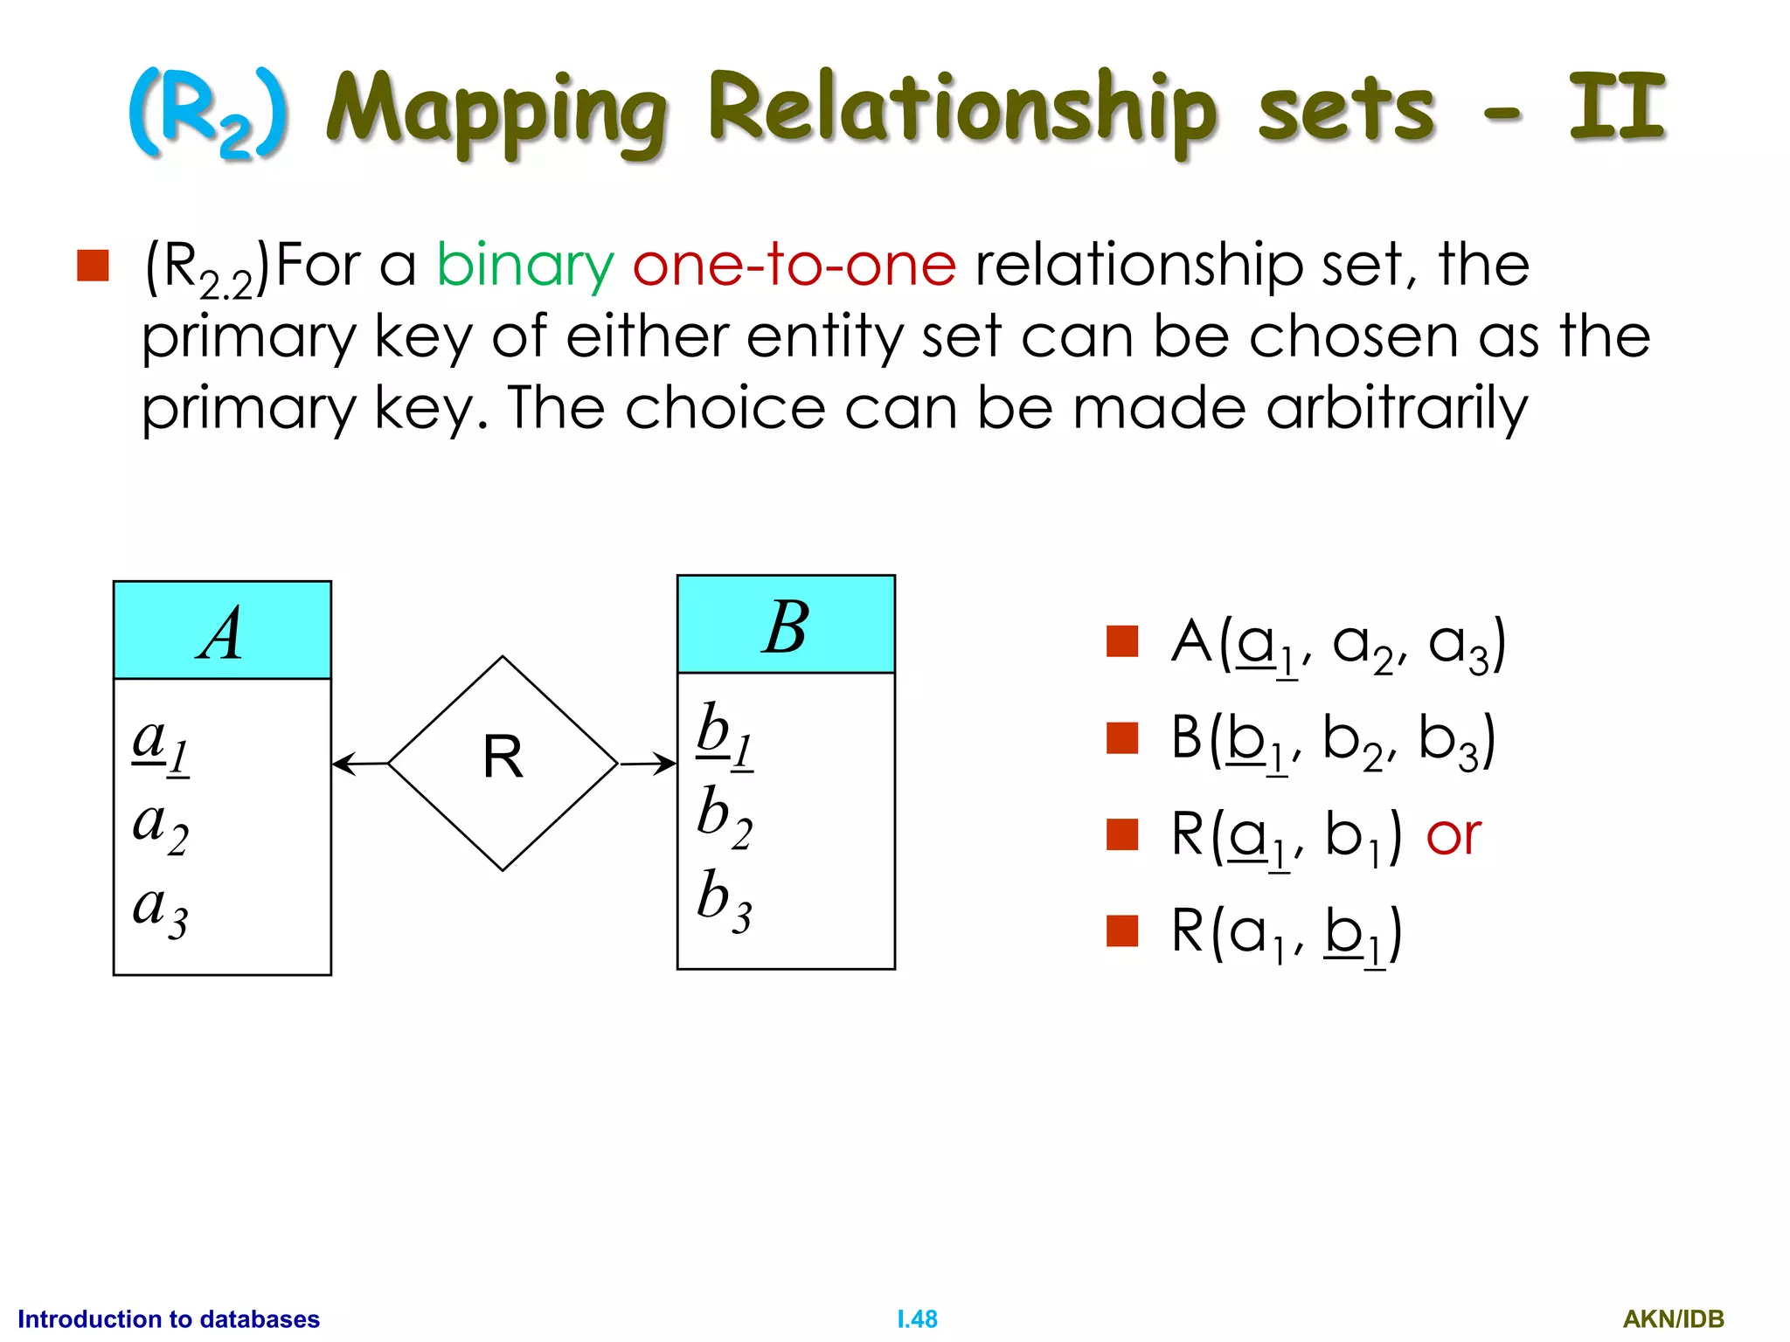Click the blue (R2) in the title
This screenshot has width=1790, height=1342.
pos(208,114)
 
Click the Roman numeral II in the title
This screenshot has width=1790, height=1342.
pos(1617,108)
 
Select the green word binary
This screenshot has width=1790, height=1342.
pos(525,265)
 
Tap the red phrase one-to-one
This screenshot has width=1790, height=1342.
pos(794,265)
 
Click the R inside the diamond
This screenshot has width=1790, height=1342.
pos(503,757)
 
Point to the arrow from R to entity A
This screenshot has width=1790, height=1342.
pos(359,764)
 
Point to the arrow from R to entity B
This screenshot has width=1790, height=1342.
pos(648,764)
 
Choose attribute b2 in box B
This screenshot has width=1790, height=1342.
pos(725,817)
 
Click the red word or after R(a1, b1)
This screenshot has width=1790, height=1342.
pos(1453,835)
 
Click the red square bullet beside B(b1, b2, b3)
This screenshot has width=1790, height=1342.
pos(1121,737)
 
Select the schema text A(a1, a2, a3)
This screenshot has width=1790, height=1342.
pos(1338,645)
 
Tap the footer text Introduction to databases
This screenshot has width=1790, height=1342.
pos(169,1319)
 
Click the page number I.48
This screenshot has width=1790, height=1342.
pos(917,1319)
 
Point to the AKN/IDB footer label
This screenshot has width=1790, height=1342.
pos(1673,1319)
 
